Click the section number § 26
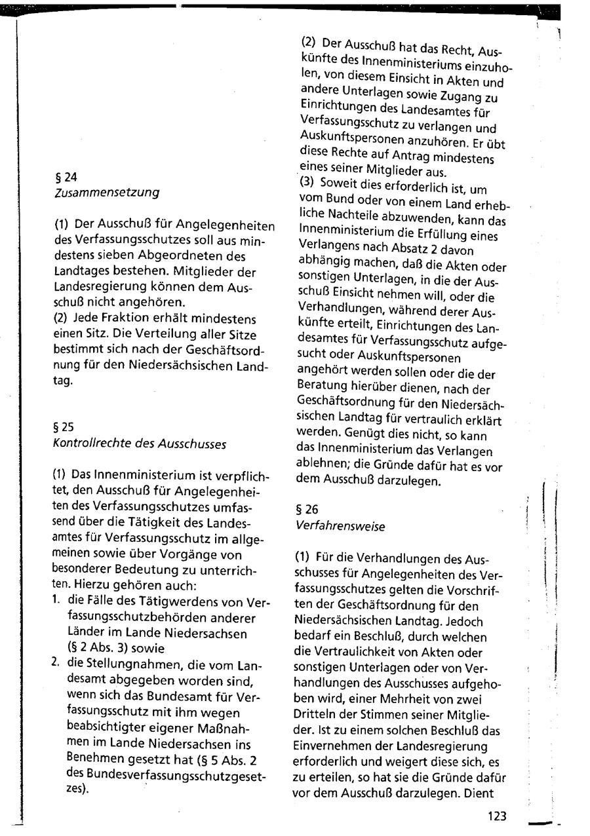[x=306, y=509]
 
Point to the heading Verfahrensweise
[x=340, y=526]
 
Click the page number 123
[x=496, y=816]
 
